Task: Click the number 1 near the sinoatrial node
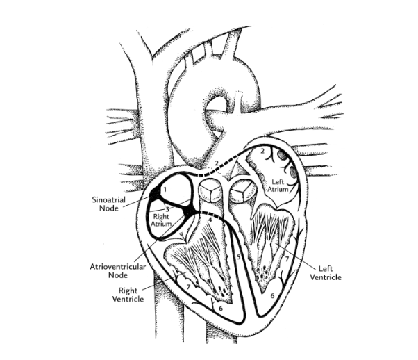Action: tap(165, 190)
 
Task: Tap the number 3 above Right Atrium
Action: tap(167, 209)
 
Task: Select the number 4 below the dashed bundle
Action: tap(210, 220)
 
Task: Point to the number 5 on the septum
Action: tap(239, 256)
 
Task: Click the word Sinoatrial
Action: tap(108, 199)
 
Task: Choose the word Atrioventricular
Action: tap(117, 267)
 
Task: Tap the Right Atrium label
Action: tap(161, 220)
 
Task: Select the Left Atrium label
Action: tap(278, 186)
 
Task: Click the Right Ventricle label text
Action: tap(128, 295)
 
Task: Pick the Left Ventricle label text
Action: tap(326, 273)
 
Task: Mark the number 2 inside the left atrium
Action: tap(262, 151)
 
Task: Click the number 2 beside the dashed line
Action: tap(217, 163)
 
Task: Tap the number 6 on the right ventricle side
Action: tap(221, 309)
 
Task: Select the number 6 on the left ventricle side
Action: tap(272, 295)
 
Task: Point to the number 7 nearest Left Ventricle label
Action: tap(287, 259)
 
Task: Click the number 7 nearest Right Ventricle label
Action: tap(188, 287)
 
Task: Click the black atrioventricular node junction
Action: tap(190, 210)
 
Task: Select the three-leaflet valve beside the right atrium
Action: tap(210, 191)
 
